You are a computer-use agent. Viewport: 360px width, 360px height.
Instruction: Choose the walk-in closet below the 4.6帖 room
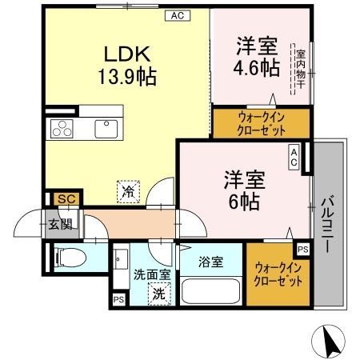coord(261,122)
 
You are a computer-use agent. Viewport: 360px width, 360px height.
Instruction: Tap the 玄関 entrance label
coord(60,225)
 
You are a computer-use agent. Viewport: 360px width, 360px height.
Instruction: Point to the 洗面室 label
coord(152,274)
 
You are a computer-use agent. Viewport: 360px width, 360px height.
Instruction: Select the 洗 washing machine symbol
coord(159,293)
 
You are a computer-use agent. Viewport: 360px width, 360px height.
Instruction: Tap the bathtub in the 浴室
coord(210,291)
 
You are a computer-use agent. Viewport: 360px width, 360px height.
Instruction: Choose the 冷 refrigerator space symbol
coord(128,190)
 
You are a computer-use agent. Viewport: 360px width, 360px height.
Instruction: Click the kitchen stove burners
coord(62,127)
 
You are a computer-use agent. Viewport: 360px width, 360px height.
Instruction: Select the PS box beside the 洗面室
coord(118,300)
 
